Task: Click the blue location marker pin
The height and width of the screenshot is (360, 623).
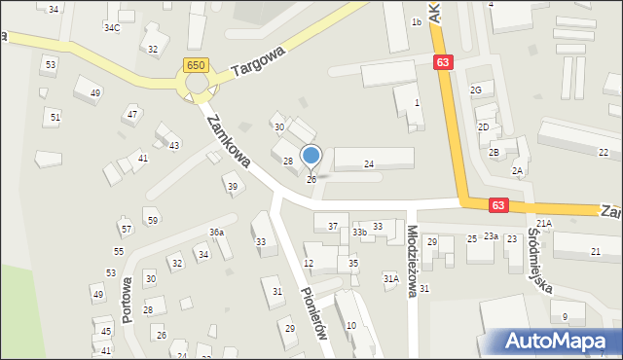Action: (311, 156)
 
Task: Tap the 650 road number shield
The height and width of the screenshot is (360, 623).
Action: (195, 64)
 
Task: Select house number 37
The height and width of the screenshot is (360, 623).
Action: (333, 227)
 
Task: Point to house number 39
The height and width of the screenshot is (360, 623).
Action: (232, 186)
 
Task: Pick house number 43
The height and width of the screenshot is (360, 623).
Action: (174, 145)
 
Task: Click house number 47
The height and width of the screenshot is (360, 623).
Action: (131, 115)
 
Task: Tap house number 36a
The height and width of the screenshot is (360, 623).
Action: (216, 233)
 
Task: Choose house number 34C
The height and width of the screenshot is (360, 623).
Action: (112, 27)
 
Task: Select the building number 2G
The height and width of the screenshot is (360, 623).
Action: (476, 90)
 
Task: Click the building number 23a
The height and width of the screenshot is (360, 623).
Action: (491, 236)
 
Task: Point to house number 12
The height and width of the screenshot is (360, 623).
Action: (309, 264)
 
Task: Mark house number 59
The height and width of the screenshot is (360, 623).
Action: (153, 221)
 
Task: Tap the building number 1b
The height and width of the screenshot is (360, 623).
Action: (416, 22)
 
